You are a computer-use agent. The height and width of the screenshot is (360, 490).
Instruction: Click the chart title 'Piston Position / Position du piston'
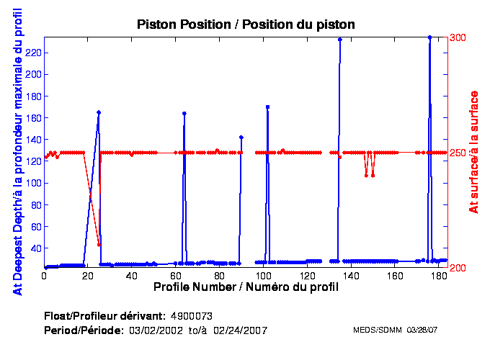tap(246, 24)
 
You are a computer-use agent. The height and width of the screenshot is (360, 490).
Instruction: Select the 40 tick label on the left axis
tap(34, 248)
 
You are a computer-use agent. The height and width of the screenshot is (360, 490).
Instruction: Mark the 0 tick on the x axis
tap(45, 276)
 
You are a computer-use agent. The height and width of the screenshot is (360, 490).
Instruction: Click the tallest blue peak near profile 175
tap(429, 37)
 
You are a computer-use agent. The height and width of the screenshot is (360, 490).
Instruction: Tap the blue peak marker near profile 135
tap(340, 40)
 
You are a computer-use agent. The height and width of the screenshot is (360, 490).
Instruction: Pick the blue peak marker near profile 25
tap(99, 112)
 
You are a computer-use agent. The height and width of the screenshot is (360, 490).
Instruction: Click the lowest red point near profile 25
tap(99, 245)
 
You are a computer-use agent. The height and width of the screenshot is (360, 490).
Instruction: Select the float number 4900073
tap(192, 316)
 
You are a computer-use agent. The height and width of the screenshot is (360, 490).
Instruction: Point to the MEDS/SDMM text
tap(378, 330)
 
